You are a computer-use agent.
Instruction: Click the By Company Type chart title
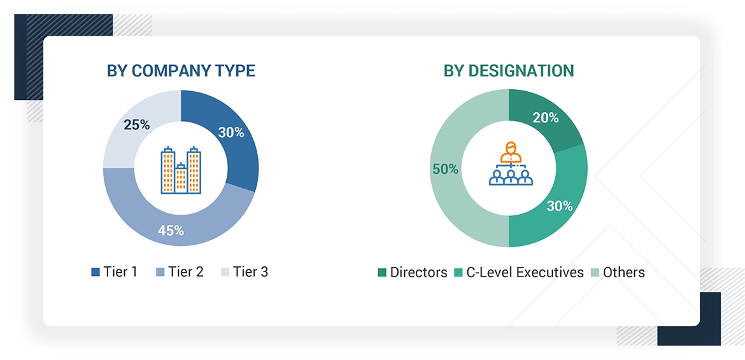click(181, 71)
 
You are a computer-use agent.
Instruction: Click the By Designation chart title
click(509, 71)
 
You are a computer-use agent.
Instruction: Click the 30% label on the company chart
click(231, 133)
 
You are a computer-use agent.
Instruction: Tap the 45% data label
click(171, 231)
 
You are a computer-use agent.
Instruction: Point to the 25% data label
click(136, 125)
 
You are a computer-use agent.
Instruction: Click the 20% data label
click(546, 118)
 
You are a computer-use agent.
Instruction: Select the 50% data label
click(445, 169)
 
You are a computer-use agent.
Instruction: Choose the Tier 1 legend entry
click(115, 272)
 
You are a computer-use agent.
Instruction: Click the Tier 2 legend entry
click(180, 272)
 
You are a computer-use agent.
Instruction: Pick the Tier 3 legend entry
click(245, 272)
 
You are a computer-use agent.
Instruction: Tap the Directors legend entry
click(413, 273)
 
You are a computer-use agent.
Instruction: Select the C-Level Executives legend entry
click(518, 273)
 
